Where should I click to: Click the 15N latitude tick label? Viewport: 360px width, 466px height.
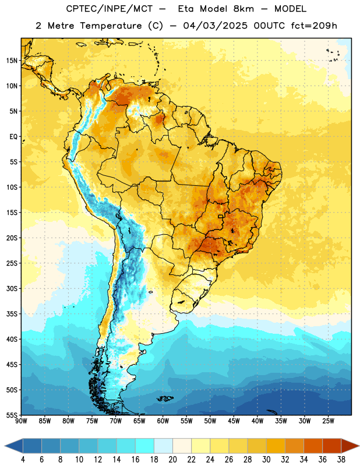pos(12,61)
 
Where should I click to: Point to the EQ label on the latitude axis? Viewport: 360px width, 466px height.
pos(13,137)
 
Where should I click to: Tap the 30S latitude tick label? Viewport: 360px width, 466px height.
pos(12,288)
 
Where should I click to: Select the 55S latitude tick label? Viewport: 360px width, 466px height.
pos(12,415)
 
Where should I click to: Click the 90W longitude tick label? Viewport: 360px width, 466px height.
pos(21,421)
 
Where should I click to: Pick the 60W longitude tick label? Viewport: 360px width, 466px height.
pos(163,421)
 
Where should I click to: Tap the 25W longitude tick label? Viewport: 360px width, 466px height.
pos(328,421)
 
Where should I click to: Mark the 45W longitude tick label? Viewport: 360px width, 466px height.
pos(234,421)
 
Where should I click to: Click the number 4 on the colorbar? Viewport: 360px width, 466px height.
pos(23,460)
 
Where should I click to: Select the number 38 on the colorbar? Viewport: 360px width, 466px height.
pos(341,460)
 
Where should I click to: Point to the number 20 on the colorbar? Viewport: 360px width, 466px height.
pos(172,460)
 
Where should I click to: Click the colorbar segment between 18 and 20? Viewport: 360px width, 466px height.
pos(163,446)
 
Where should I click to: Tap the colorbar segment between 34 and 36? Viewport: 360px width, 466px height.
pos(313,446)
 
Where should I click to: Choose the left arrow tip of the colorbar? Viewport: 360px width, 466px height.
pos(5,446)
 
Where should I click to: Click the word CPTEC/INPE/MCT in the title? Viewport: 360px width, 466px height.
pos(110,9)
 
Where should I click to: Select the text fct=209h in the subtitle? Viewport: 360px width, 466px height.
pos(314,26)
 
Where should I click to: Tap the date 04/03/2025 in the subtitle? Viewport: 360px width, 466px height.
pos(215,26)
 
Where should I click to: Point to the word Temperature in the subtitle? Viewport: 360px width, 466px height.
pos(111,26)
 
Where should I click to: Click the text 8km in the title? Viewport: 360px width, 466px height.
pos(243,9)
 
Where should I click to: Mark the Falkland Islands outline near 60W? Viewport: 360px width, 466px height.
pos(165,398)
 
